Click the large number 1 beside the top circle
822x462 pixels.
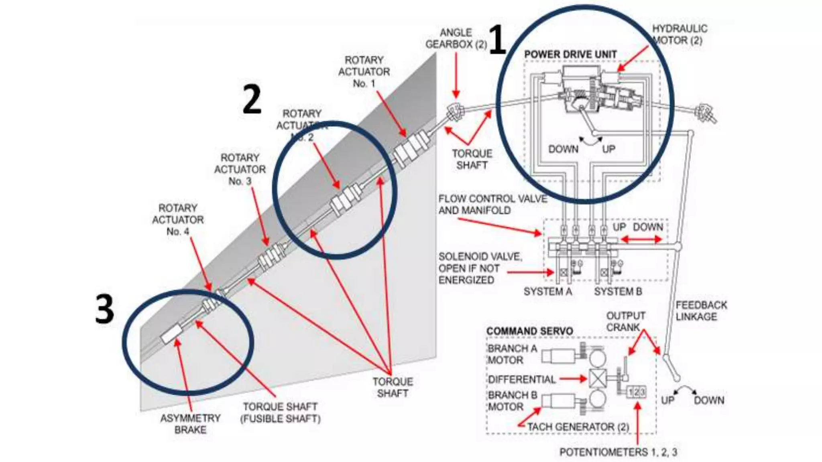coord(498,39)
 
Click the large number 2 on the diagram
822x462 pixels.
coord(252,99)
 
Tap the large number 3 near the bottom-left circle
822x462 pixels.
coord(104,309)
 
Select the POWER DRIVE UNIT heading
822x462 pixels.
coord(570,55)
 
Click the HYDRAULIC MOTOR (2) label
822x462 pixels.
coord(679,34)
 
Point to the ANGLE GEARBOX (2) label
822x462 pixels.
coord(456,38)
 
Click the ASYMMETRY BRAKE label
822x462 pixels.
coord(190,424)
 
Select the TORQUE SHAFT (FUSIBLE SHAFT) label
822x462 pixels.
coord(280,413)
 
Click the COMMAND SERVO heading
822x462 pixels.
coord(529,331)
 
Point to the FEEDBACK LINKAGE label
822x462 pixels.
coord(701,311)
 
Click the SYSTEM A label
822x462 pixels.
coord(547,292)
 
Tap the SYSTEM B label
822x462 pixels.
coord(618,292)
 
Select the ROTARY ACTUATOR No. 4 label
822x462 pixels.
coord(178,220)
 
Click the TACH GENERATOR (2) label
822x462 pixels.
coord(578,427)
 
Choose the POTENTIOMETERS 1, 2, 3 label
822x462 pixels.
coord(618,452)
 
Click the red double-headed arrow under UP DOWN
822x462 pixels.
coord(641,239)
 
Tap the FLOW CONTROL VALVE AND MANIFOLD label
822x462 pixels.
coord(492,205)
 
